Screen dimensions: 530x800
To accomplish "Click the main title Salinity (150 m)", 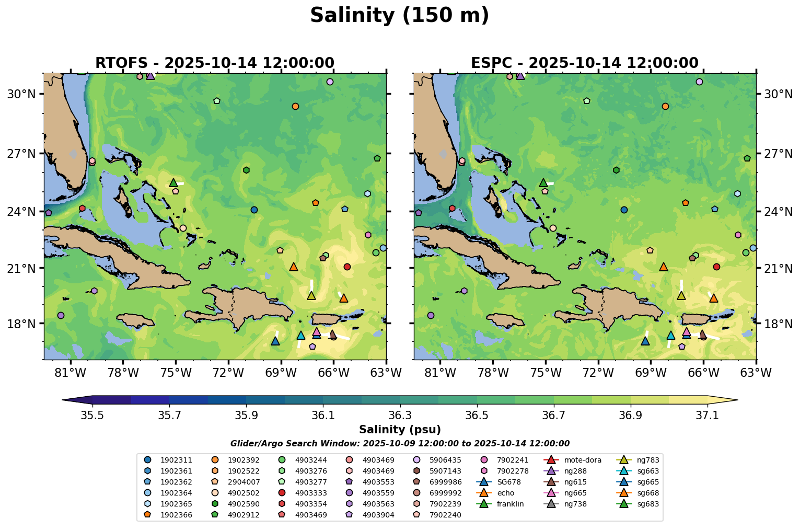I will click(x=399, y=16).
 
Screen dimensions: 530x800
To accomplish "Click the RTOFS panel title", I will click(x=214, y=63).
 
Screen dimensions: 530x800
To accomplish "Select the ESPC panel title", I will click(x=584, y=63).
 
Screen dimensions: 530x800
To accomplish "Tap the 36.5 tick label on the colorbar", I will click(x=477, y=416).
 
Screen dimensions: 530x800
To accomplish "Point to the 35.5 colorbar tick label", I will click(x=92, y=416).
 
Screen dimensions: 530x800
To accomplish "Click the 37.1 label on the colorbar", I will click(x=708, y=416).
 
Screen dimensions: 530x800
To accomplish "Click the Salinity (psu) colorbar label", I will click(x=400, y=430).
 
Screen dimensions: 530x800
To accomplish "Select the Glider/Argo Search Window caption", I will click(x=400, y=444).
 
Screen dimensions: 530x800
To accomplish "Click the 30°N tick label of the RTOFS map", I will click(x=21, y=94).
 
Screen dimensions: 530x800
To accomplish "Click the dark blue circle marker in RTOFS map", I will click(x=254, y=210).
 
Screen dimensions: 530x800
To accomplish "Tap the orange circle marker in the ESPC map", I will click(x=665, y=106).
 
